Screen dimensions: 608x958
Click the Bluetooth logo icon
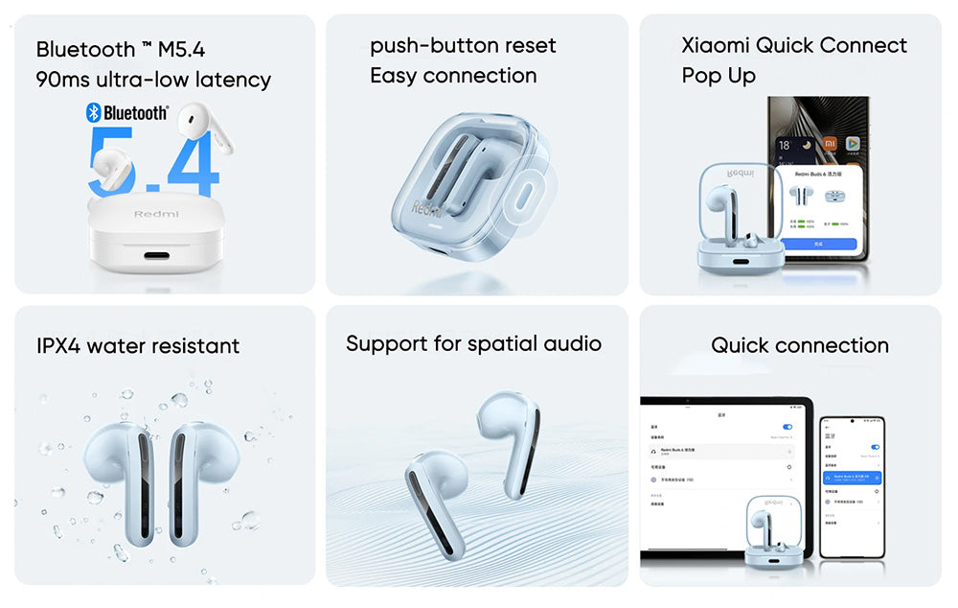94,113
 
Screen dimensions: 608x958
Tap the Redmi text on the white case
156,213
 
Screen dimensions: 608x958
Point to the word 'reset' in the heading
529,46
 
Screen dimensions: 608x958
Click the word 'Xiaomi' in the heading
715,46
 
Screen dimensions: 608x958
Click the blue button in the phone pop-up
818,244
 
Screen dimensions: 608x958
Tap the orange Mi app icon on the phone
830,144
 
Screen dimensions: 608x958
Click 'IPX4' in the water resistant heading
58,345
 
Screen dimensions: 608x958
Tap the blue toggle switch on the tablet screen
787,427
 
